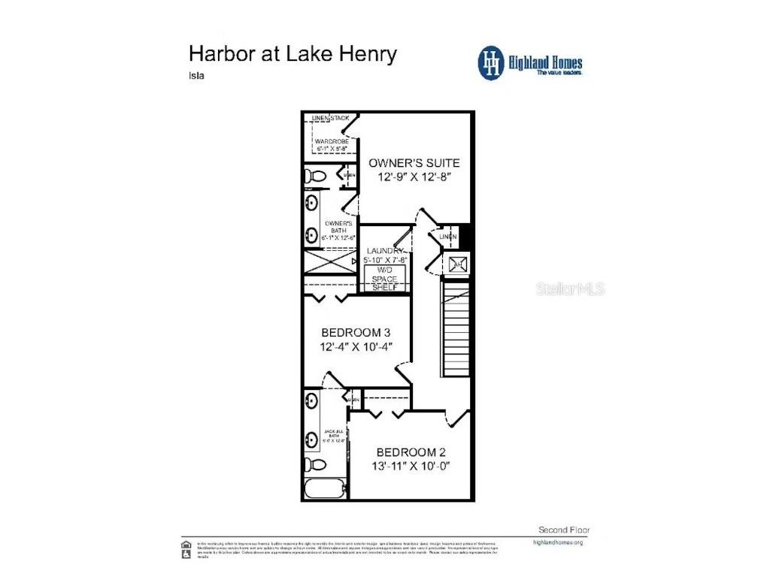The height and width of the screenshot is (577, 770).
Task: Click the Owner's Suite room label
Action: coord(413,162)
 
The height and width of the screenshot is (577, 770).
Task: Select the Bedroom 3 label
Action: coord(356,332)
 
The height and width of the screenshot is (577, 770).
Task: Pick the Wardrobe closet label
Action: coord(332,141)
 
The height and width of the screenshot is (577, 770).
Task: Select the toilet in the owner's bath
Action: coord(314,176)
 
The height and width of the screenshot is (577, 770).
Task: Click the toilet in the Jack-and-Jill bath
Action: coord(315,465)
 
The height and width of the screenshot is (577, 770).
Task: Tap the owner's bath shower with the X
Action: coord(329,261)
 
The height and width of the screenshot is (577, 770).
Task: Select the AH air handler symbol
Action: coord(457,264)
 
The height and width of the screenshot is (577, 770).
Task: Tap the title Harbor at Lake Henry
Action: coord(293,54)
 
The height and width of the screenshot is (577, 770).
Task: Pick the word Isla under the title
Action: coord(197,75)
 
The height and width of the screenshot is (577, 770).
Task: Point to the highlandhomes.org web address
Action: coord(557,542)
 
